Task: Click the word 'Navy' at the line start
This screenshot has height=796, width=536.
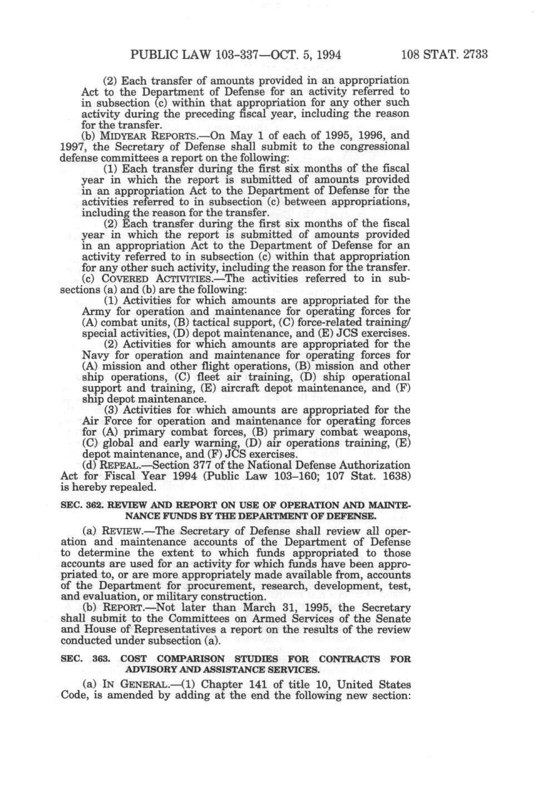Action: (x=93, y=355)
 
